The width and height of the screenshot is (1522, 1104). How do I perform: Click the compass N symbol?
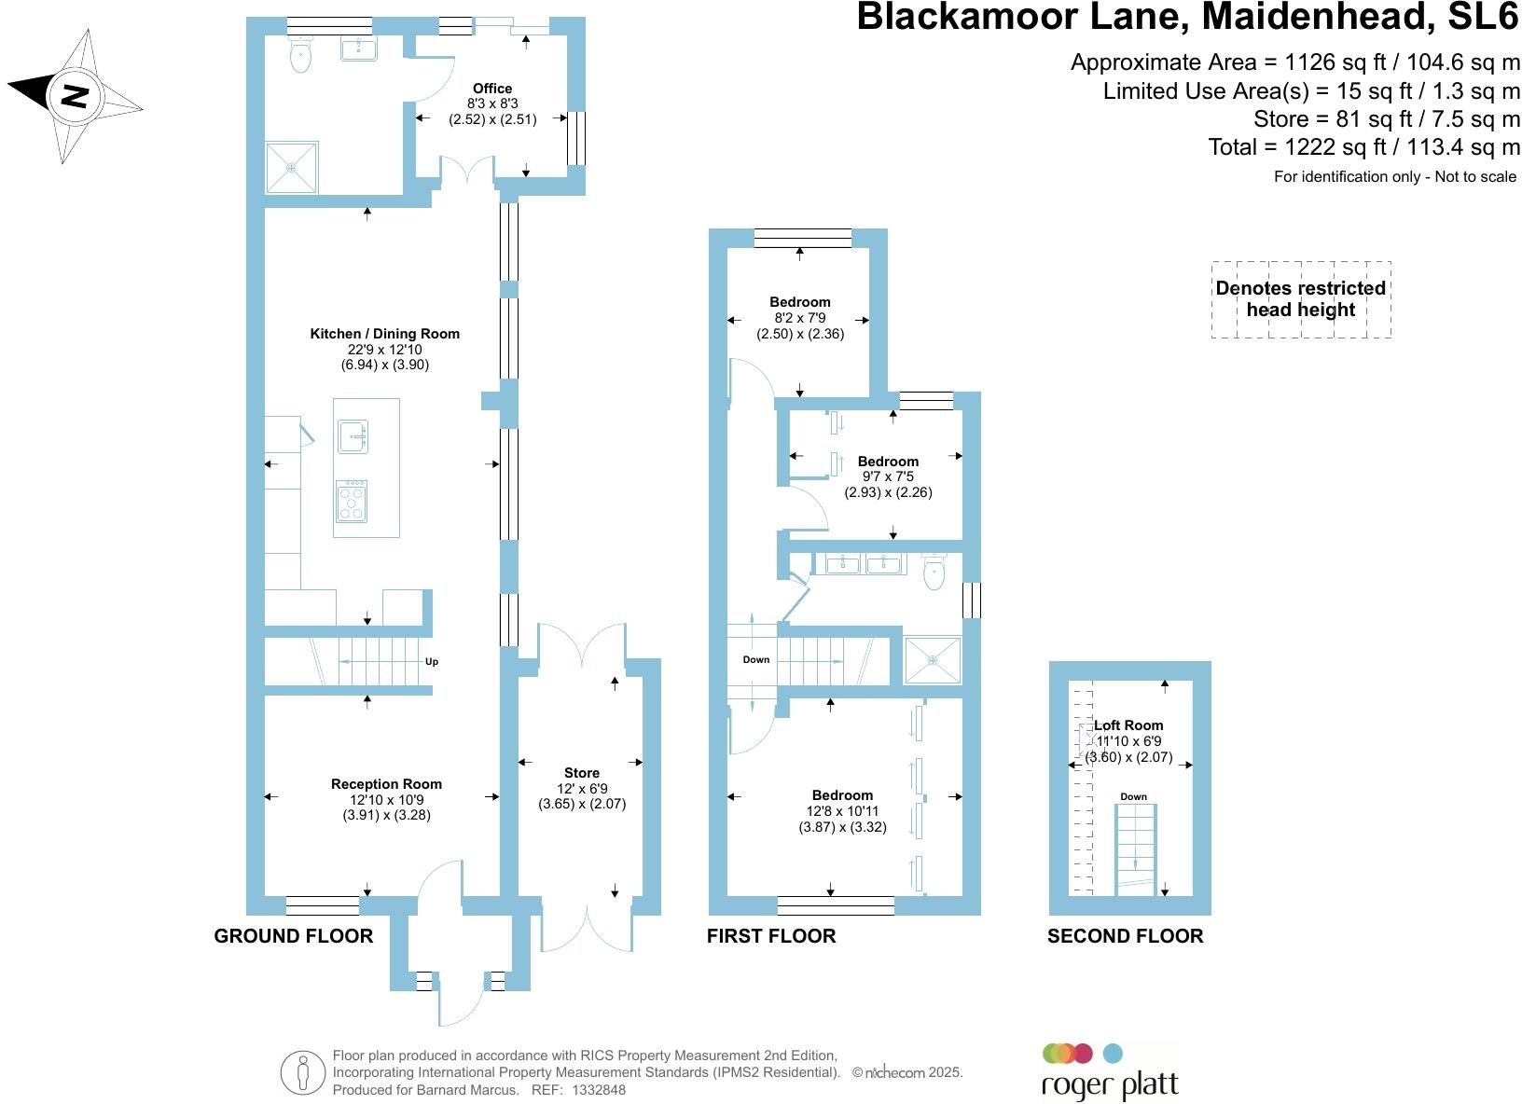pos(75,96)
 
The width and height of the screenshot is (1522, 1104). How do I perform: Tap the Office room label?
pos(492,89)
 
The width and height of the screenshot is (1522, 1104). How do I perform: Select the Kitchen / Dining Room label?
pos(384,334)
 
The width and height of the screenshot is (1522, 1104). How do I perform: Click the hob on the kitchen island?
pos(352,502)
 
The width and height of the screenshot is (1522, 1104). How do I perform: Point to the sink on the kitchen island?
pos(353,435)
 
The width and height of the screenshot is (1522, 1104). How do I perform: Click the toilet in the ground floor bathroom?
pos(300,56)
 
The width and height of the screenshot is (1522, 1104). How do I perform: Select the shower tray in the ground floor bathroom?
pos(292,168)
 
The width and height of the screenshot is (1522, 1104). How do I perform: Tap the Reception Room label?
pos(386,784)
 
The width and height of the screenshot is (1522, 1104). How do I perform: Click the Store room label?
pos(582,773)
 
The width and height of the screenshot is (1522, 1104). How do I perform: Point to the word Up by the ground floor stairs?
pos(432,662)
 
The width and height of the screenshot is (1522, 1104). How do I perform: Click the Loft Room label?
pos(1128,725)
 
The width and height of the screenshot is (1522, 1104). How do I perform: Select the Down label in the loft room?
pos(1134,796)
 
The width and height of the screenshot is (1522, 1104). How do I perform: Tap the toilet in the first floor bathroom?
pos(934,573)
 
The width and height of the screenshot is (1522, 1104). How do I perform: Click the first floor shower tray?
pos(933,659)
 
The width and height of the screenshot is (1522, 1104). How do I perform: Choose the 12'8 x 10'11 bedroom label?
pos(842,795)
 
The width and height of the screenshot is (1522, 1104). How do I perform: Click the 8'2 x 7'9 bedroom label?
pos(800,302)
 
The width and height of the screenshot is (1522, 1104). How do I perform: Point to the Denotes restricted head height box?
pos(1301,299)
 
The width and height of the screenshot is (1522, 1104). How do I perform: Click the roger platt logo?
pos(1109,1073)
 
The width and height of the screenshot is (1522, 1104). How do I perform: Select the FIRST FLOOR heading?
pos(771,936)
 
